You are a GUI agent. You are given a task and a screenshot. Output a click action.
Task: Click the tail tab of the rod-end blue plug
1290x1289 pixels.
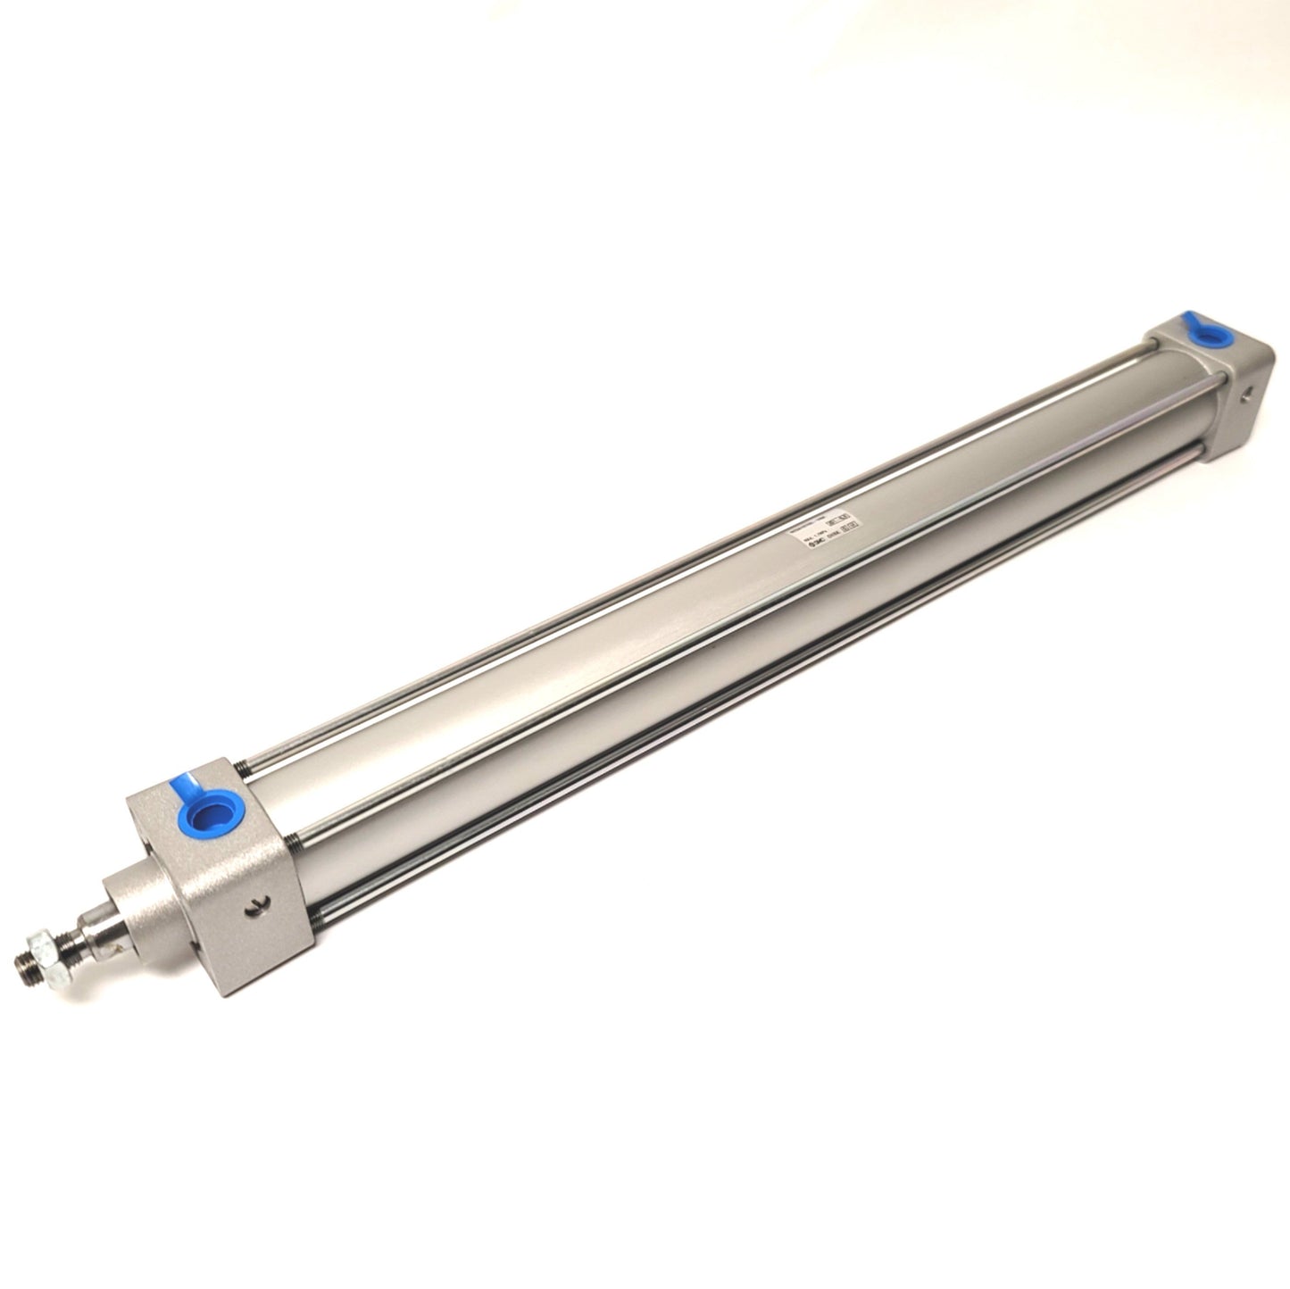coord(184,786)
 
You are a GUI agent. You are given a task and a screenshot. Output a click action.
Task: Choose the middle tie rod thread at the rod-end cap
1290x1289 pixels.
coord(295,834)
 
